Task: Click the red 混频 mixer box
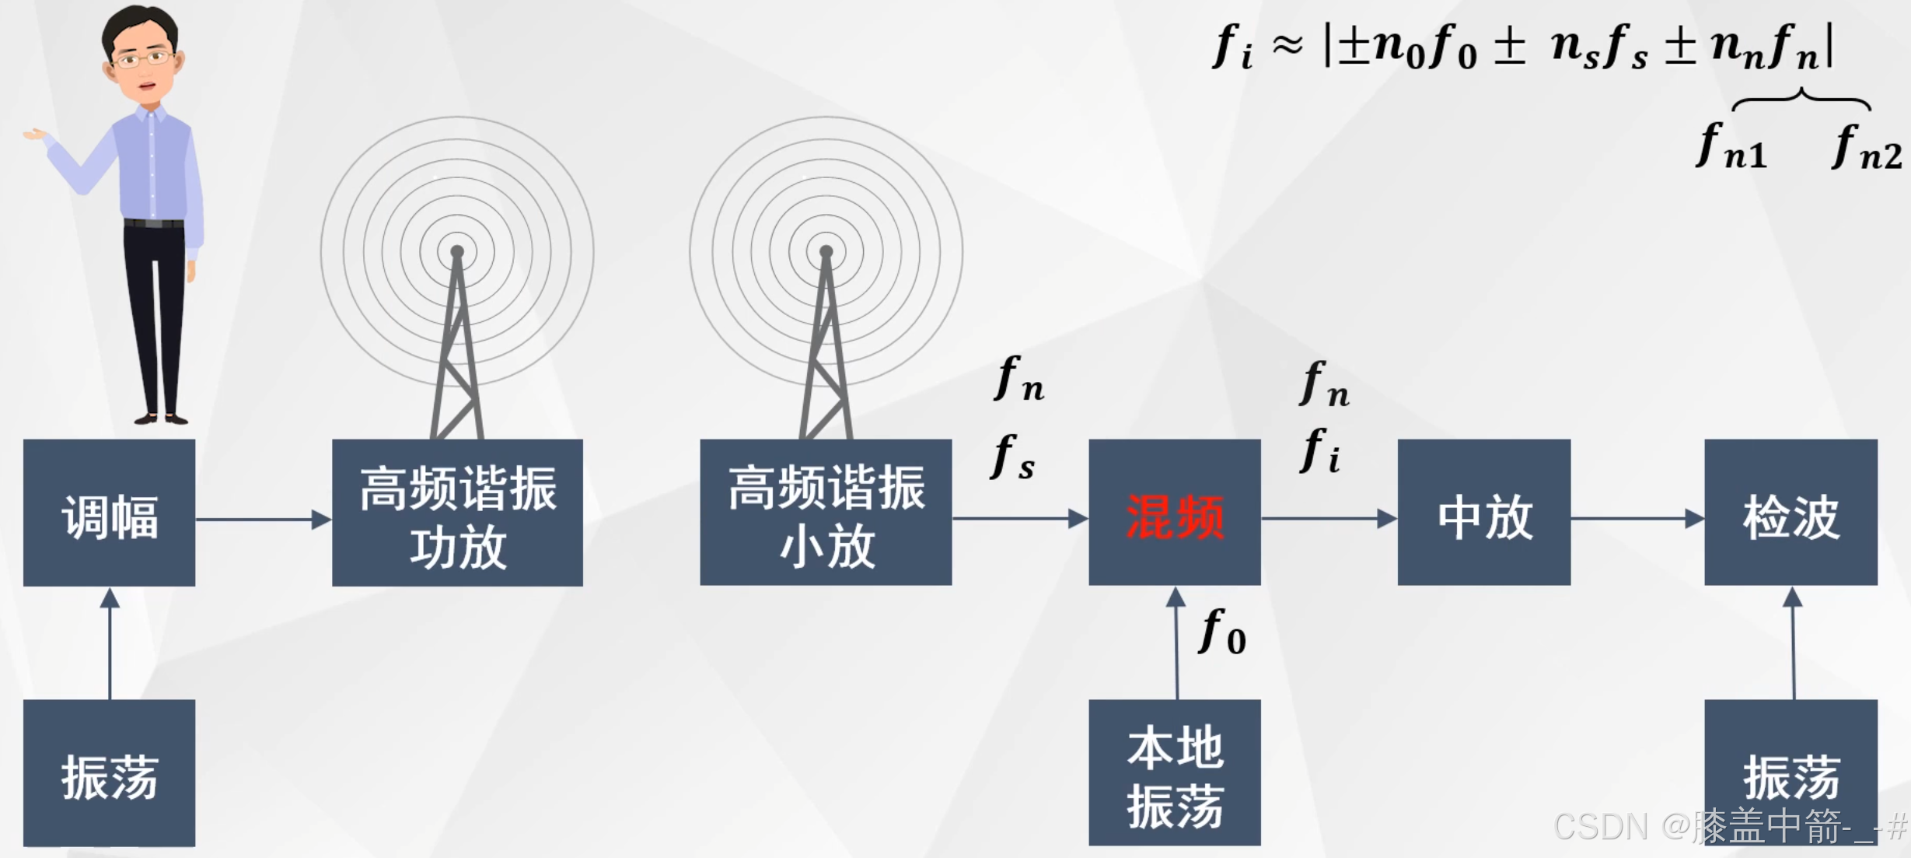coord(1174,513)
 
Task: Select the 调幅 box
coord(109,513)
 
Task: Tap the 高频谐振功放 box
coord(457,513)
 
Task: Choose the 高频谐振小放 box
coord(826,513)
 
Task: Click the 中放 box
coord(1483,513)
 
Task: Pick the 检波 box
coord(1790,513)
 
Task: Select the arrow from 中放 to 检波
coord(1637,518)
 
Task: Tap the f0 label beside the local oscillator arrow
coord(1223,632)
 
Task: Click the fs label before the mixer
coord(1013,457)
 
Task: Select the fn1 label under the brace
coord(1732,148)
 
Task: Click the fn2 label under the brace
coord(1867,148)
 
